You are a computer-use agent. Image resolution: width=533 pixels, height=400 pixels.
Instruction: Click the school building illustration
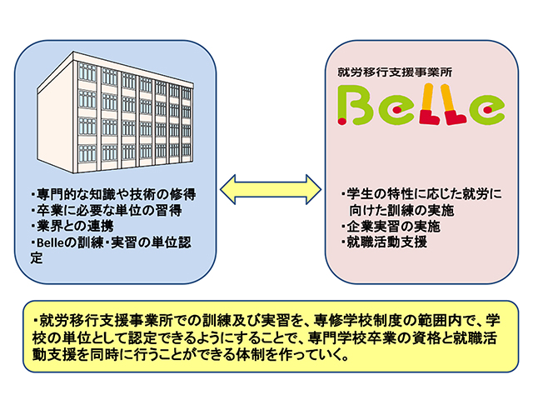(x=115, y=113)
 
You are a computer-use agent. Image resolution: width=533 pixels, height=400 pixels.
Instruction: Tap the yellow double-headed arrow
(x=271, y=189)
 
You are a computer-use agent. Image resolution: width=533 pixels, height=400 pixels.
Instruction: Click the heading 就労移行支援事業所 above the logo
(x=395, y=72)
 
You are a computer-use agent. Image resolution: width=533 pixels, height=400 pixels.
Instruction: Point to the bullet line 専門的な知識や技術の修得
(x=113, y=194)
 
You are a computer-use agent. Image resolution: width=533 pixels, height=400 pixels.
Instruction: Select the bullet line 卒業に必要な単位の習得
(x=107, y=210)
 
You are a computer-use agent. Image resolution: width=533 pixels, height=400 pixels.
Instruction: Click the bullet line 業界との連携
(x=72, y=226)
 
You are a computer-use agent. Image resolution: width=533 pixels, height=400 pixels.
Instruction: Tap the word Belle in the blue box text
(x=50, y=242)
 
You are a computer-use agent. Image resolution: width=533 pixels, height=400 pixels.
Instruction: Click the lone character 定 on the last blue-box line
(x=37, y=258)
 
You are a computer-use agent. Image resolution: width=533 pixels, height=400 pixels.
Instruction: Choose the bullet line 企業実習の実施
(x=391, y=226)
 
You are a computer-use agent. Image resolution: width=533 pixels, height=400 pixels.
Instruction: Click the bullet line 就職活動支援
(x=384, y=242)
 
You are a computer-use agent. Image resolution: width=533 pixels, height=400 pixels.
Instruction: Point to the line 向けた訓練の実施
(x=401, y=211)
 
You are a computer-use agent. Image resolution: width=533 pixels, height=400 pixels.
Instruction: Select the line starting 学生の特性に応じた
(x=421, y=194)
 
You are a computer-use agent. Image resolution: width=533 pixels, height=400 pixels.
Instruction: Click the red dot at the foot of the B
(x=341, y=120)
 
